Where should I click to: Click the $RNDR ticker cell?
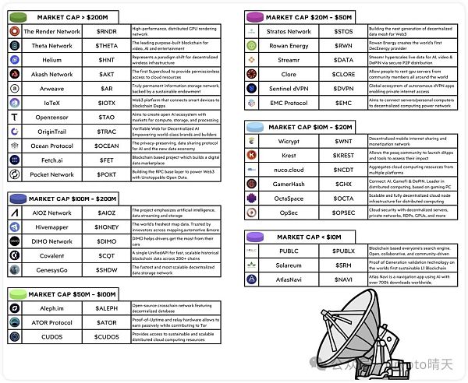point(107,31)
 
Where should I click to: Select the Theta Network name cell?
point(51,45)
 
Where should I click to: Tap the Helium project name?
point(51,60)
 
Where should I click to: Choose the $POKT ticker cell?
point(107,174)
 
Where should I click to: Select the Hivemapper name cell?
point(51,227)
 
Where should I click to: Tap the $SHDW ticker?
point(107,269)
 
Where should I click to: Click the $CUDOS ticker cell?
point(107,337)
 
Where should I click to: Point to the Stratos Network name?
point(288,31)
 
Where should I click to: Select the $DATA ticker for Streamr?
point(343,59)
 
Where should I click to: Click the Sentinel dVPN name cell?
point(288,88)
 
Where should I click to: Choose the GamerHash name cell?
point(288,184)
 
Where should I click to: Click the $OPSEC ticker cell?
point(343,213)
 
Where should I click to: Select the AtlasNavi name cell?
point(288,279)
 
